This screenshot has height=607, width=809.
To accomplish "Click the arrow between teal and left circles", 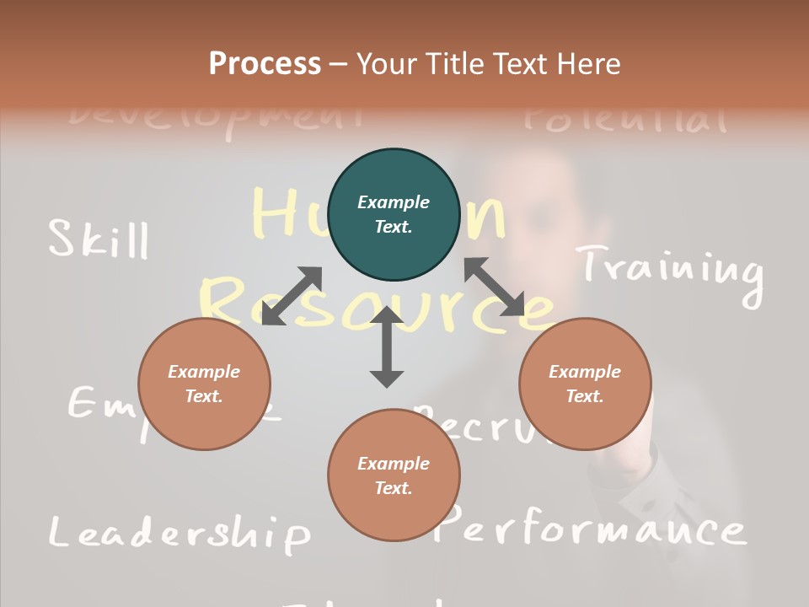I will click(x=292, y=295).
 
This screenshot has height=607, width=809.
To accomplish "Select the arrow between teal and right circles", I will click(x=494, y=287).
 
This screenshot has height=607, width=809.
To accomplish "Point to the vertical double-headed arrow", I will click(x=387, y=346).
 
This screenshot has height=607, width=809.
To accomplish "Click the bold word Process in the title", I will click(x=265, y=63).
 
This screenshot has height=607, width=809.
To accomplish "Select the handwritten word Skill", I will click(x=99, y=239).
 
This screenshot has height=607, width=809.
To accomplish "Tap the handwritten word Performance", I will click(x=592, y=528).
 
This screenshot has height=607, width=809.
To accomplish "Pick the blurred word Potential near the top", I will click(x=624, y=119).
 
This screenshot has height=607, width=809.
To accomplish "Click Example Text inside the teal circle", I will click(x=394, y=214).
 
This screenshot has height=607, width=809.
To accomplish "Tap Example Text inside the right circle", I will click(x=585, y=384).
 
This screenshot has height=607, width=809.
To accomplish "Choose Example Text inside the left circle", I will click(x=204, y=384).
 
